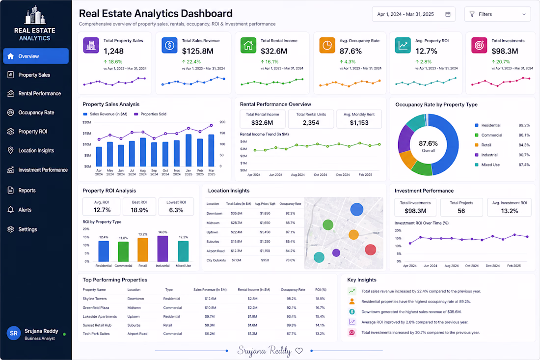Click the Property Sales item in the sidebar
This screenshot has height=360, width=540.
(x=34, y=75)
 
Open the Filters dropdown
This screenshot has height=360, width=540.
(x=497, y=14)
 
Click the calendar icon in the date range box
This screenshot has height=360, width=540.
(x=448, y=14)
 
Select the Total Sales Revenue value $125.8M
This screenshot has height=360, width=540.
(x=198, y=51)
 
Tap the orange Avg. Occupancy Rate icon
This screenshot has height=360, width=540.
(x=327, y=46)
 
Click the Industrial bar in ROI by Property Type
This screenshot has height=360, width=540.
(x=162, y=249)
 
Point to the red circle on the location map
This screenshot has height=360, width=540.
(x=370, y=249)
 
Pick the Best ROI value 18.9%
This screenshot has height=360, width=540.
(x=139, y=210)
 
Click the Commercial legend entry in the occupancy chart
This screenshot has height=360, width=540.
(x=488, y=135)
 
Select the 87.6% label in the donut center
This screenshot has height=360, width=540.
(x=428, y=143)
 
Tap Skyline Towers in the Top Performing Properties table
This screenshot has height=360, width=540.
(x=95, y=299)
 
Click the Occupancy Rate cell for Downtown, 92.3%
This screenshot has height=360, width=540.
(x=290, y=213)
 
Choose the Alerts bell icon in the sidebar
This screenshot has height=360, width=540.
(x=11, y=209)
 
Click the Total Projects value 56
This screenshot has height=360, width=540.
(x=461, y=211)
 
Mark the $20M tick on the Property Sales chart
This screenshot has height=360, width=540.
(x=87, y=122)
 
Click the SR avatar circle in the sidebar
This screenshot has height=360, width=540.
(x=14, y=333)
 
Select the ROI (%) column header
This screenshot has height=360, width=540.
(x=321, y=290)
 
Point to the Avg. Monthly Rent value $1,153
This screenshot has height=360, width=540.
(x=359, y=123)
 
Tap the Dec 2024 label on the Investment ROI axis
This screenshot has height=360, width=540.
(x=492, y=266)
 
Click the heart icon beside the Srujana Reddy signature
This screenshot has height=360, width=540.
(x=299, y=351)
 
